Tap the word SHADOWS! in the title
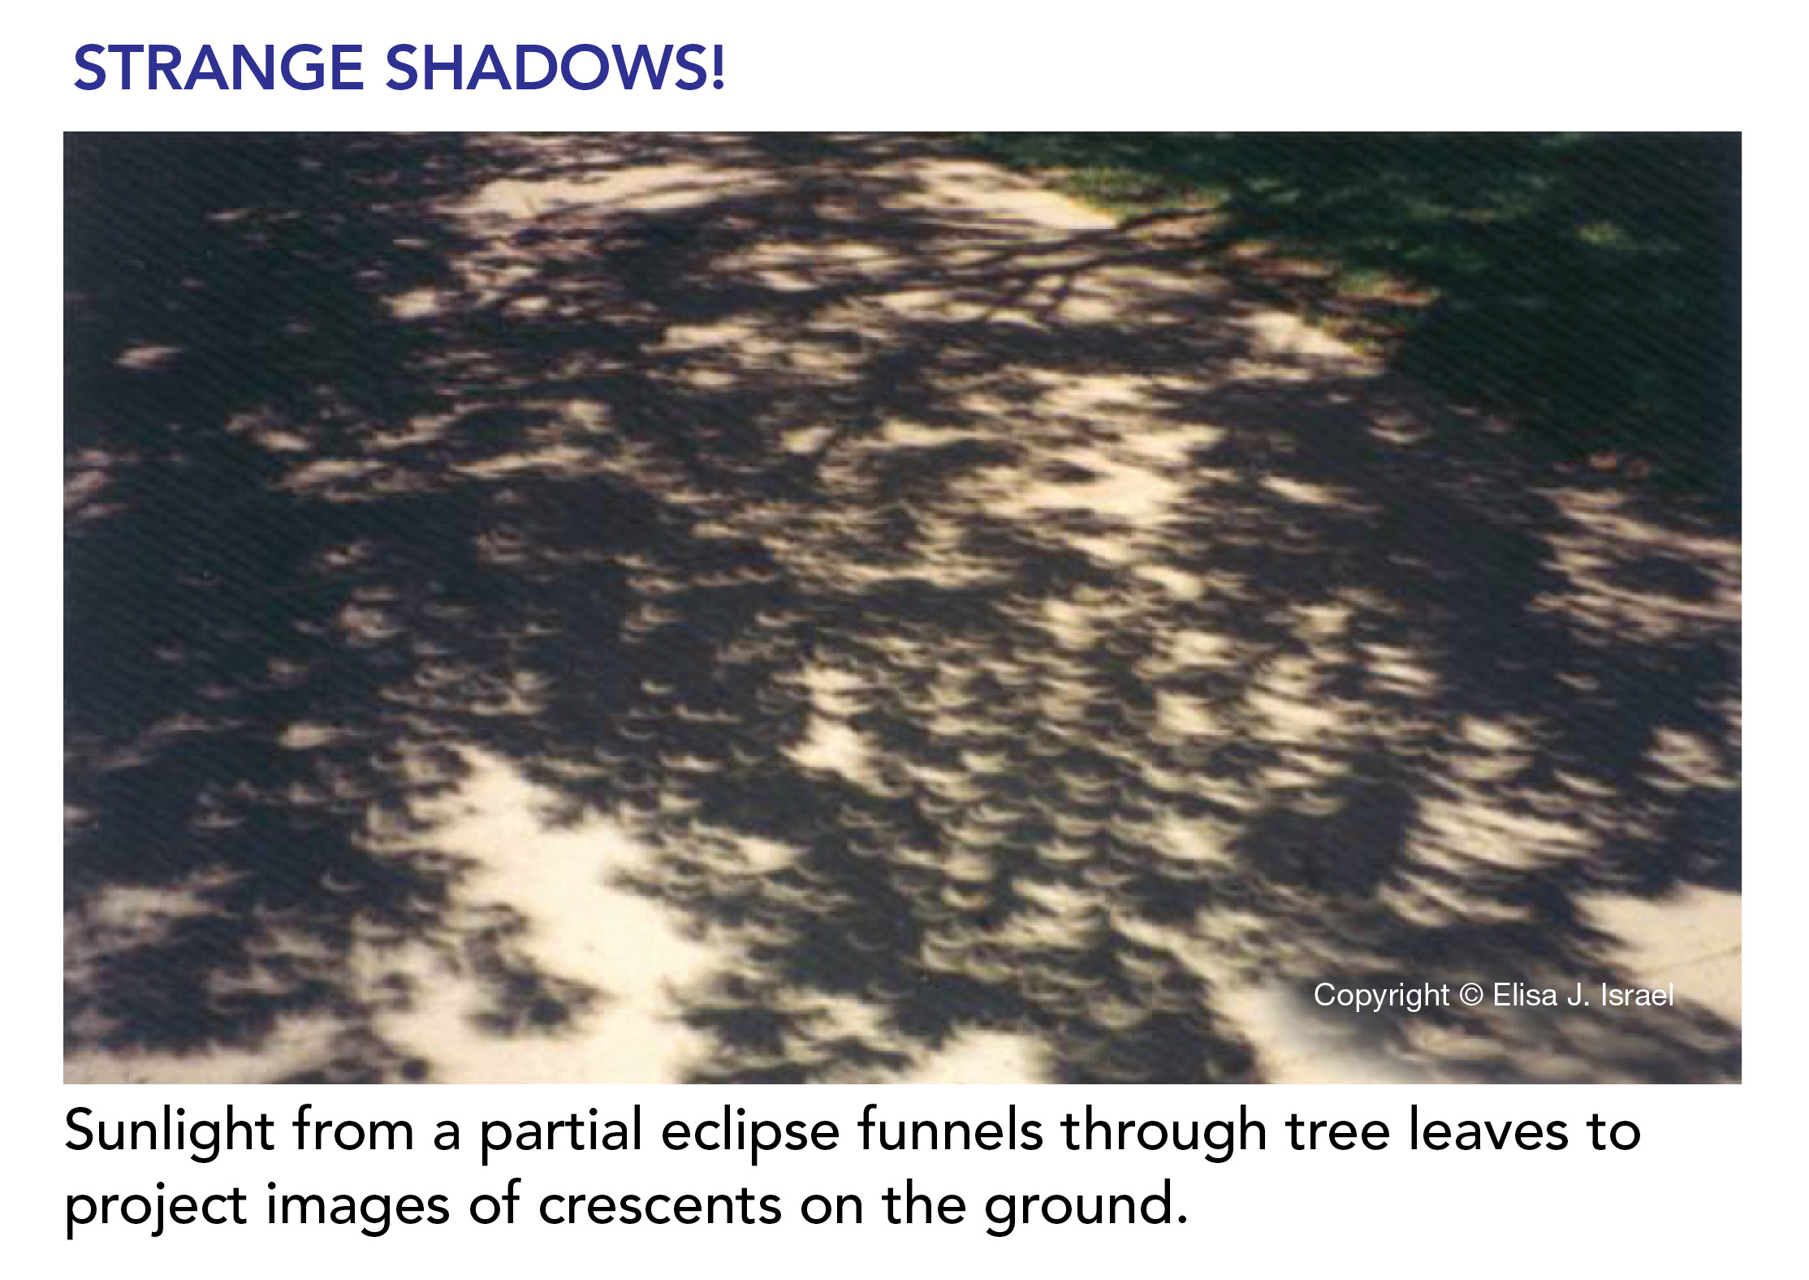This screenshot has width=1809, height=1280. tap(555, 67)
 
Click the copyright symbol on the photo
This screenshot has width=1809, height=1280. tap(1470, 995)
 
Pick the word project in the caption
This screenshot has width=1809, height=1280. tap(156, 1205)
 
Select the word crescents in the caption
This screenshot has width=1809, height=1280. tap(660, 1205)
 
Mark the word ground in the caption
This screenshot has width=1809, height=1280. tap(1077, 1205)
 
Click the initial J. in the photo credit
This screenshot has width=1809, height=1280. tap(1579, 995)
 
